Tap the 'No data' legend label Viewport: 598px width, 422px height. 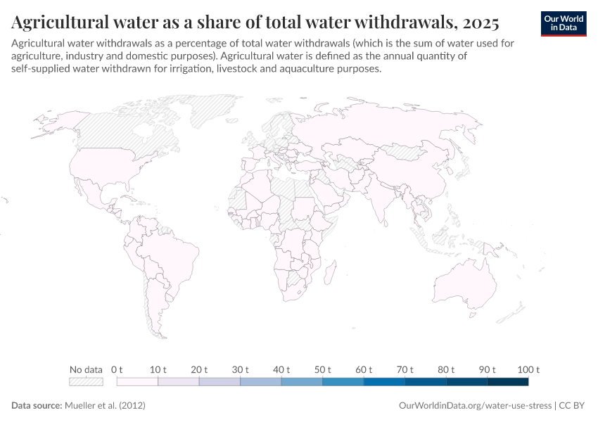[86, 369]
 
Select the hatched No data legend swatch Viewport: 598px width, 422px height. [86, 382]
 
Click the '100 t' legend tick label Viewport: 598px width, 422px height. [528, 369]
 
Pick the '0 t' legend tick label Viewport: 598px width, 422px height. [117, 369]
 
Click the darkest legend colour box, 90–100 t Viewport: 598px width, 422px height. [507, 382]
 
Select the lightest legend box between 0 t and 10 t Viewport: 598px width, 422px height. [137, 382]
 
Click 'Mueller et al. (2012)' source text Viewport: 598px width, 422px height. [105, 406]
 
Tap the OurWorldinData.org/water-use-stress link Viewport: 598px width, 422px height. [475, 406]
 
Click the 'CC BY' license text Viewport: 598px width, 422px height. [573, 406]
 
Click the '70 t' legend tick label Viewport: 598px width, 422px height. [404, 369]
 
